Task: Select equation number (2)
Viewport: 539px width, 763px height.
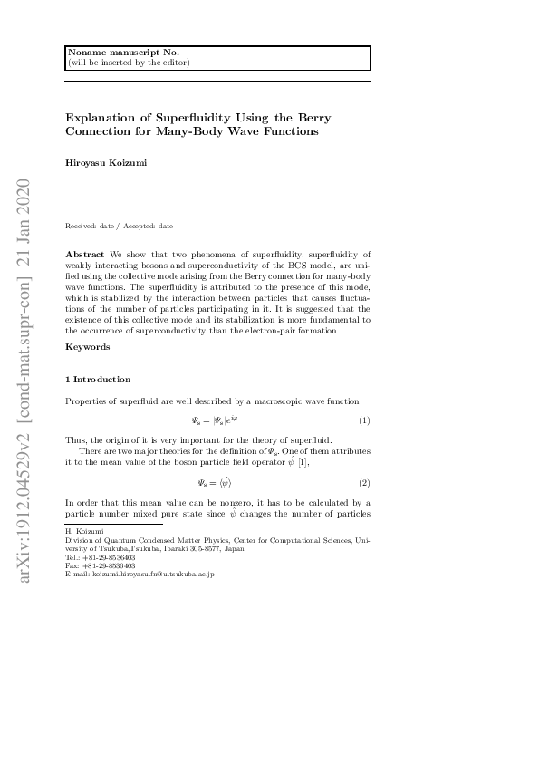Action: [x=364, y=483]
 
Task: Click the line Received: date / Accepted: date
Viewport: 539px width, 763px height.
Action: [x=119, y=225]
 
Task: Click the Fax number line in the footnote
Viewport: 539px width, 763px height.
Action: [x=101, y=565]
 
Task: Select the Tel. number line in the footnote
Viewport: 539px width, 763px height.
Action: [x=101, y=557]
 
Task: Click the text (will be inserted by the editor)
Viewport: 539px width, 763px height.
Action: [x=129, y=63]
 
